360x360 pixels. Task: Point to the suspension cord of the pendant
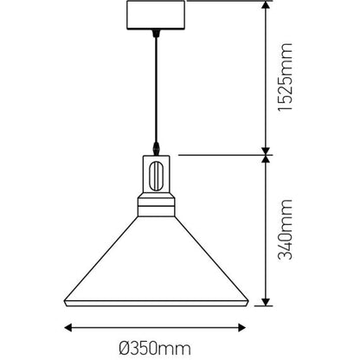click(x=156, y=87)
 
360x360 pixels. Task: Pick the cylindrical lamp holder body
click(x=157, y=177)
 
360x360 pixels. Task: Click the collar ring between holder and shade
click(x=157, y=208)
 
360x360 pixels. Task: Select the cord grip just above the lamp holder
click(x=157, y=148)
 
